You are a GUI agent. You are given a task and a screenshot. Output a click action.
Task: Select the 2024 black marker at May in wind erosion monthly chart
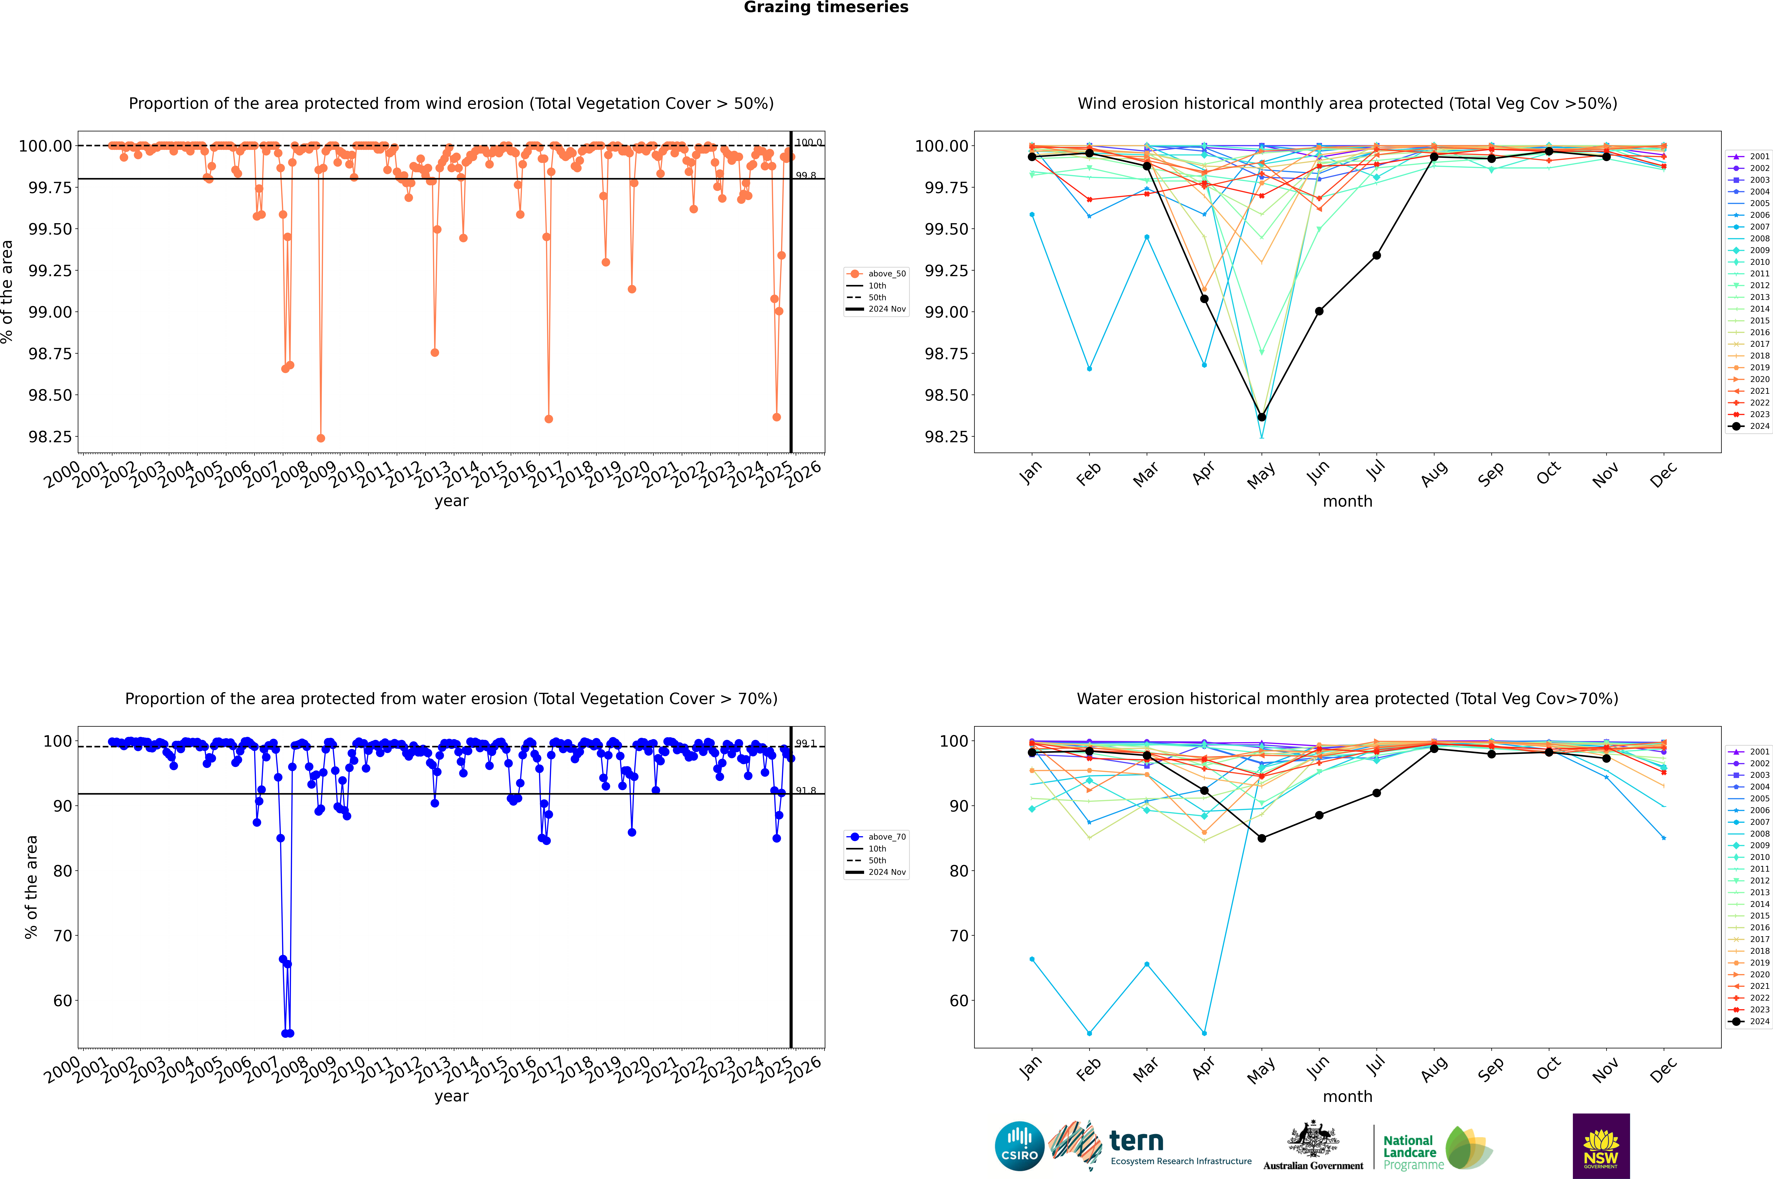(x=1261, y=417)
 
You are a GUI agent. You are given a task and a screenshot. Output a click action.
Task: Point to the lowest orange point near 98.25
(x=321, y=438)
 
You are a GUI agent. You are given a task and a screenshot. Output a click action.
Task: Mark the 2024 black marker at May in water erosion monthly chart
(x=1261, y=838)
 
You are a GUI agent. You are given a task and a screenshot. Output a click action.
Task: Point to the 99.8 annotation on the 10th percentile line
(x=806, y=175)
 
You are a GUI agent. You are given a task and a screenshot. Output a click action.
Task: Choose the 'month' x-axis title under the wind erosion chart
(x=1347, y=502)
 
